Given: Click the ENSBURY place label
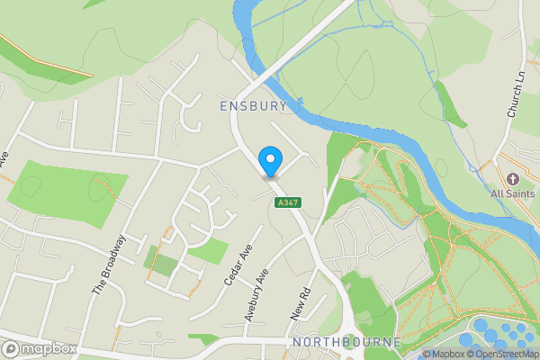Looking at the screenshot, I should (x=253, y=106).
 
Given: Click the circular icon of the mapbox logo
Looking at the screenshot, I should (x=11, y=348).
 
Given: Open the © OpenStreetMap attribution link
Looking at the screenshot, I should (x=501, y=354).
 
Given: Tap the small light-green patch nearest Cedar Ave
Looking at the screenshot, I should (x=209, y=251).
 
